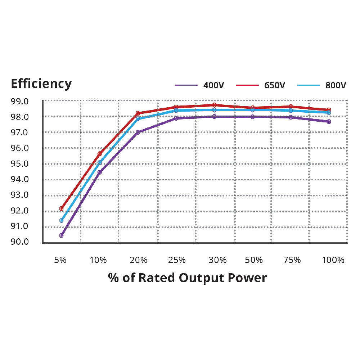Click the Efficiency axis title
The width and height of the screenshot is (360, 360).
[x=41, y=84]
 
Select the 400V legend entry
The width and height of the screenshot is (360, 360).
[x=200, y=86]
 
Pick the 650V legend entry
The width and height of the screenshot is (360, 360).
[x=261, y=86]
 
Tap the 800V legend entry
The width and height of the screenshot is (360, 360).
[x=322, y=86]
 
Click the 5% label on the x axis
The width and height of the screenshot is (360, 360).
[x=60, y=260]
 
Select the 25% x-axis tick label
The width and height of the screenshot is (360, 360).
[x=177, y=260]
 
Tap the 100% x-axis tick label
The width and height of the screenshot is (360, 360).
[x=333, y=260]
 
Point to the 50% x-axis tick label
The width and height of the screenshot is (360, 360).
[x=254, y=260]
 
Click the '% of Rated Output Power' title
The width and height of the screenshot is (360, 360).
[x=187, y=278]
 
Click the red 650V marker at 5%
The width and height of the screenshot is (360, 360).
[x=62, y=208]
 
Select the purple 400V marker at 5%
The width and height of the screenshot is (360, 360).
[x=62, y=235]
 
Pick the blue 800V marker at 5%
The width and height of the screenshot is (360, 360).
[x=62, y=220]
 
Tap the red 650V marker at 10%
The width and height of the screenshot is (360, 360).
[x=100, y=154]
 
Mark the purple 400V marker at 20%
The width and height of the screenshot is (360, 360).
[x=138, y=132]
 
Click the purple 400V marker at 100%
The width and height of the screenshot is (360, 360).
[x=329, y=122]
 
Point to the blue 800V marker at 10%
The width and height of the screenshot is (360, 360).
[x=100, y=163]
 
